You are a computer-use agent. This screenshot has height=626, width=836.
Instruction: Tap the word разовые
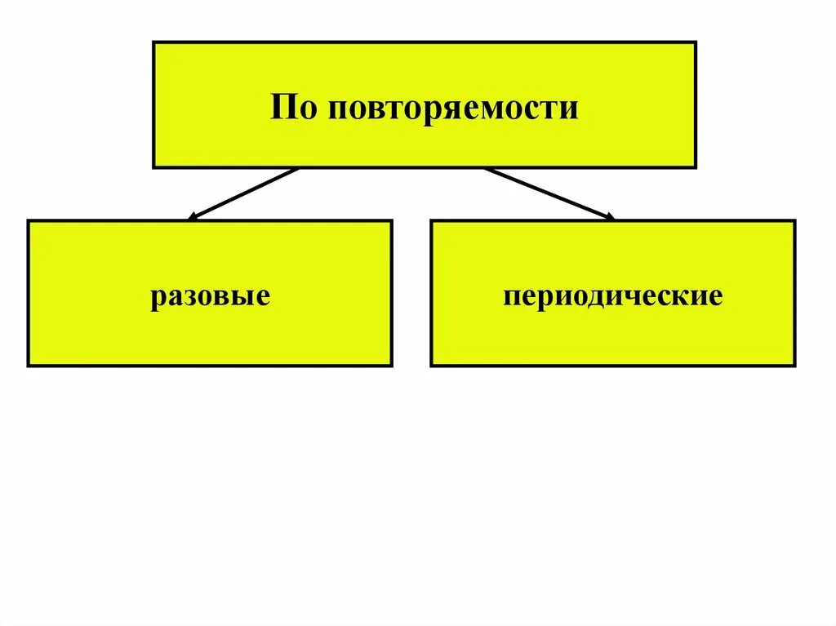[210, 295]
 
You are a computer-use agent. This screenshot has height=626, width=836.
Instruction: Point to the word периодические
[612, 295]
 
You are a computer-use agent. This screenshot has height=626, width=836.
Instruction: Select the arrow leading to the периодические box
[549, 193]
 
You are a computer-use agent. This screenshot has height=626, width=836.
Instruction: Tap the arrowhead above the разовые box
[193, 217]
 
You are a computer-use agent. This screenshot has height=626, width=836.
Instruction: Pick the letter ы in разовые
[248, 296]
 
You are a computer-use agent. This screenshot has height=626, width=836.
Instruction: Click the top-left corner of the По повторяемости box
[153, 42]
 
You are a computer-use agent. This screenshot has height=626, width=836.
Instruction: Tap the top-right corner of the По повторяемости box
[696, 42]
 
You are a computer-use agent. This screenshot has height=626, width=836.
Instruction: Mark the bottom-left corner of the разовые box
[29, 365]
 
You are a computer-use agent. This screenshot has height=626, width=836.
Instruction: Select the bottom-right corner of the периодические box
[794, 365]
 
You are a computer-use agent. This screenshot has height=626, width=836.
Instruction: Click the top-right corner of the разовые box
[391, 220]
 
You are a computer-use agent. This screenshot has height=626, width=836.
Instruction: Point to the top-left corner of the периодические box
[431, 220]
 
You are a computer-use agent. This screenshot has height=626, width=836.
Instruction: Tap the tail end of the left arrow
[298, 169]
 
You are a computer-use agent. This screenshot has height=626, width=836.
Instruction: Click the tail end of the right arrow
[485, 169]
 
